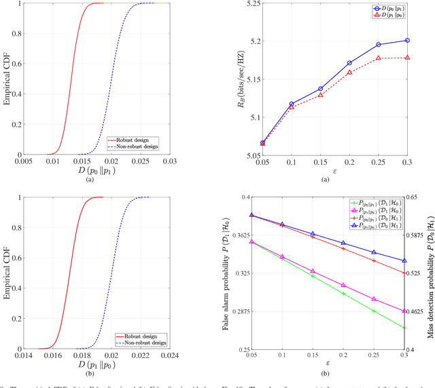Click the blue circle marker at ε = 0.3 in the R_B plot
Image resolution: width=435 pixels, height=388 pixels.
[x=406, y=41]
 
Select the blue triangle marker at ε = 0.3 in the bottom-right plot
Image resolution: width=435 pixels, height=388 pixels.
[x=406, y=260]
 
